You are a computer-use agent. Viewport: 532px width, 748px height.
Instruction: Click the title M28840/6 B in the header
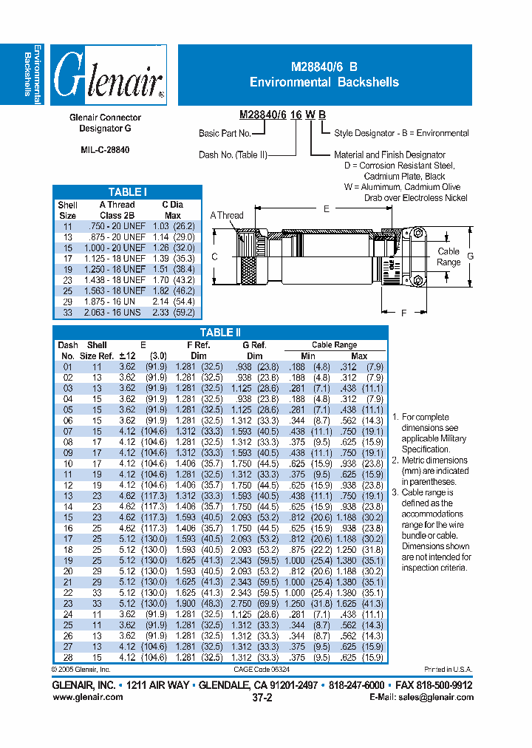coord(324,67)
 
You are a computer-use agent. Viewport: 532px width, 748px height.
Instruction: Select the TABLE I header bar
coord(127,192)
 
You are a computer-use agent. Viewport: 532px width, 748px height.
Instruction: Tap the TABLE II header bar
coord(220,333)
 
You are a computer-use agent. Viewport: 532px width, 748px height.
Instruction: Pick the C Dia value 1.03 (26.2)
coord(172,225)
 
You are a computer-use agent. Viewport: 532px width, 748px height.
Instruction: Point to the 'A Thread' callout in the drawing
coord(226,216)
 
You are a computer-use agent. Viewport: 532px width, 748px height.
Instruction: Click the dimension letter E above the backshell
coord(326,209)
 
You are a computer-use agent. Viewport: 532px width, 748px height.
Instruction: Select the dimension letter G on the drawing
coord(469,256)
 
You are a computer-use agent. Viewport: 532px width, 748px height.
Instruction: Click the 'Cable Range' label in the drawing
coord(449,257)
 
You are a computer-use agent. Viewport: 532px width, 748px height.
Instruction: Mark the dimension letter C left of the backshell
coord(214,257)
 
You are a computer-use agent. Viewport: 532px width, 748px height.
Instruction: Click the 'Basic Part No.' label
coord(225,134)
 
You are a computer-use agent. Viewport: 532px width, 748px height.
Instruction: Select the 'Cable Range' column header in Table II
coord(334,345)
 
